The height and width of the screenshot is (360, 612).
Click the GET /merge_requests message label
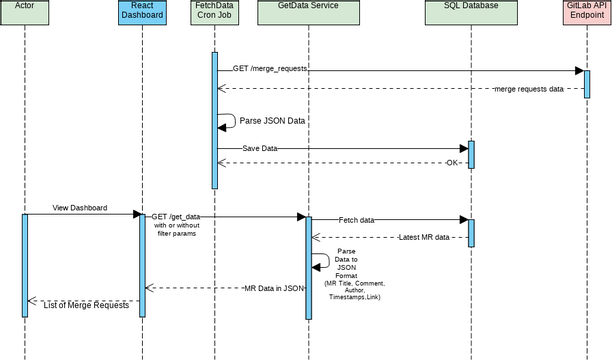coord(270,69)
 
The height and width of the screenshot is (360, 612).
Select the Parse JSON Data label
coord(272,120)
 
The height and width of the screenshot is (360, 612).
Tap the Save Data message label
coord(259,148)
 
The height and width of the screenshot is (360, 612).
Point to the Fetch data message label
coord(357,219)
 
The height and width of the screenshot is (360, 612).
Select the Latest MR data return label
coord(430,237)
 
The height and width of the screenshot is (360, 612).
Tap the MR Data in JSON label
coord(273,288)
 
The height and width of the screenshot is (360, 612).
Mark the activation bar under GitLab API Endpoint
coord(586,83)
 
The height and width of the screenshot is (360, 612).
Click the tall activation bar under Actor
coord(25,264)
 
